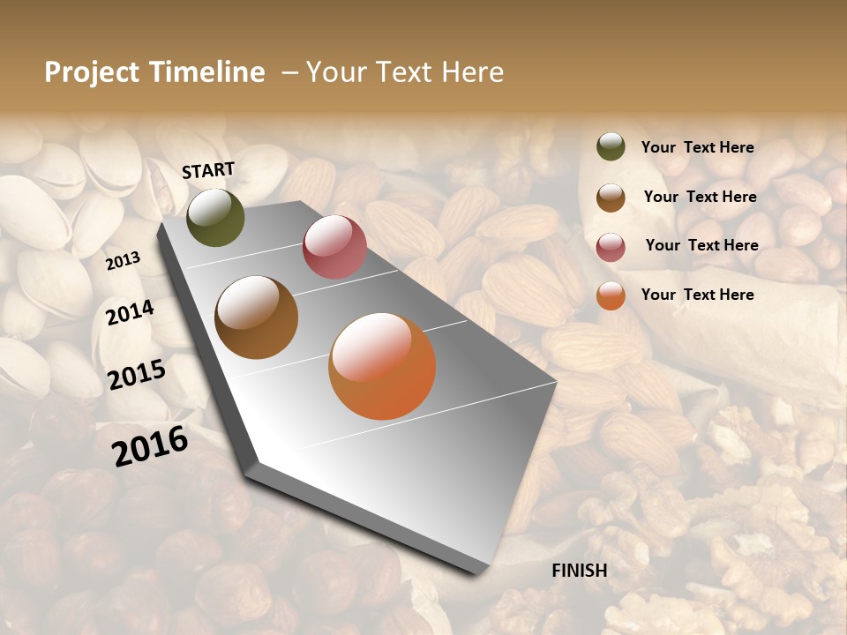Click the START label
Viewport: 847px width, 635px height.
tap(208, 170)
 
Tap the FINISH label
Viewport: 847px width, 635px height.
tap(580, 571)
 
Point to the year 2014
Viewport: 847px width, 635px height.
tap(131, 313)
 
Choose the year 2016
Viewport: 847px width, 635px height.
tap(150, 446)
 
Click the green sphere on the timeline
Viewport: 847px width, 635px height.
tap(215, 217)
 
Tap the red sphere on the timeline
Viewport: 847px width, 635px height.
tap(334, 247)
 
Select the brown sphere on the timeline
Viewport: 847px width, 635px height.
tap(257, 317)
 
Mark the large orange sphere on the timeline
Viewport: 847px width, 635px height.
tap(382, 366)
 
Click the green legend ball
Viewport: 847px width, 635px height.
tap(611, 147)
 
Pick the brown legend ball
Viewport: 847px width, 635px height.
tap(611, 198)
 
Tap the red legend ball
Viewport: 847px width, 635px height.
tap(611, 247)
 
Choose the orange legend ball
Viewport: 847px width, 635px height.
tap(611, 295)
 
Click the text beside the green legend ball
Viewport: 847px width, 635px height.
tap(698, 148)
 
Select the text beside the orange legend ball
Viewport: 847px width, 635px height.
tap(698, 295)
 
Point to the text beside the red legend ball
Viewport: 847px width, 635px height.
tap(701, 245)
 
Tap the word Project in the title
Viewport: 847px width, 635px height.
tap(92, 72)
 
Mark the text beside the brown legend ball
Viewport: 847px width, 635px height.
tap(700, 197)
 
